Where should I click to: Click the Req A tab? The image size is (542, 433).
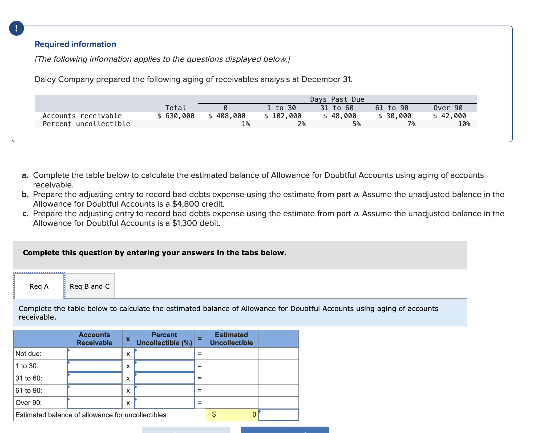(39, 286)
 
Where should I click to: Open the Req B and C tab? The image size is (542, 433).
(90, 286)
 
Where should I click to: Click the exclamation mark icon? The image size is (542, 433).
(17, 28)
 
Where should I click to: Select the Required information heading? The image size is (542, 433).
(75, 44)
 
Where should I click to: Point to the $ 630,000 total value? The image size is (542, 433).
(176, 116)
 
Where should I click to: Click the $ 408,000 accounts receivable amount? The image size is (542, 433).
(227, 116)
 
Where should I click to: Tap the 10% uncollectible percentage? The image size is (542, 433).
(464, 124)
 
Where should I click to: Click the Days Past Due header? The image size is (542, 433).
(337, 99)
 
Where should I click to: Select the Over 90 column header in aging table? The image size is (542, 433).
(448, 108)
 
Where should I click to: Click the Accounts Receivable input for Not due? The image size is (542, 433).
(95, 354)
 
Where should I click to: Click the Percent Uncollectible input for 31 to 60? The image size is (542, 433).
(164, 378)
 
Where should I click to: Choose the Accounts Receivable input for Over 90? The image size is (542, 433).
(95, 403)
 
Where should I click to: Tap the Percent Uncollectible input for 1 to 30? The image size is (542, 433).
(164, 366)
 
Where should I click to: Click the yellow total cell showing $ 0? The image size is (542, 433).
(232, 415)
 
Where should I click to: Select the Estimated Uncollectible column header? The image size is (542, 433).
(231, 339)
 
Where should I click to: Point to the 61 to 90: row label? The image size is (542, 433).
(29, 391)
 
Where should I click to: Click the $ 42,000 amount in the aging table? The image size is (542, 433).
(450, 116)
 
